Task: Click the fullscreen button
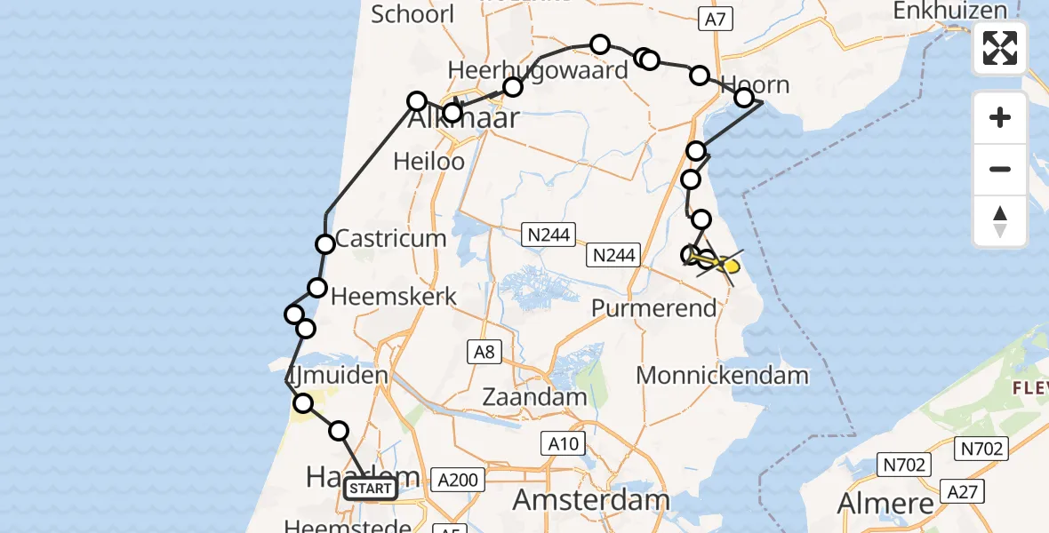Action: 1000,48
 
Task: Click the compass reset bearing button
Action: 1000,221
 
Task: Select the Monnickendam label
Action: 722,375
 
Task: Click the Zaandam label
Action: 535,396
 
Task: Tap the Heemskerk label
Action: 394,297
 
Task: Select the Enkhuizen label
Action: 950,12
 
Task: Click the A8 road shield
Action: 484,353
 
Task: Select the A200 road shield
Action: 460,481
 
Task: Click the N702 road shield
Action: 904,464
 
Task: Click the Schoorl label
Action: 412,14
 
